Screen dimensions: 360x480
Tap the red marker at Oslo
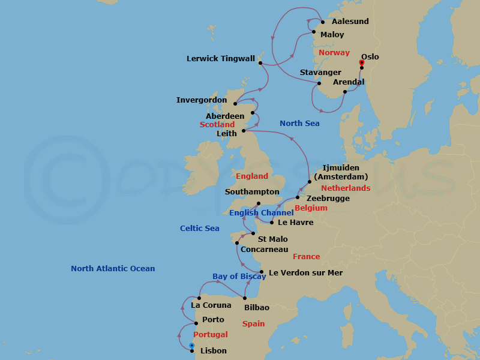tap(361, 62)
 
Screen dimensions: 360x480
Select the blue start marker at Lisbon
tap(191, 346)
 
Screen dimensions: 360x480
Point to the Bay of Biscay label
tap(239, 277)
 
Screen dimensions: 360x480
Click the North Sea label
tap(299, 124)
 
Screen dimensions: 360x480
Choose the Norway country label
tap(334, 53)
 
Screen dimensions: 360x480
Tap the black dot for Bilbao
tap(245, 298)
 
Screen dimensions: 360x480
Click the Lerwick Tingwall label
tap(221, 59)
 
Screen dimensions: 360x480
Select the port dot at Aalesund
tap(323, 22)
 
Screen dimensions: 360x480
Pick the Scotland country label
tap(217, 125)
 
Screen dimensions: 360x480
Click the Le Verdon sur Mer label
tap(306, 273)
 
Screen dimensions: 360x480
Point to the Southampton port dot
tap(259, 203)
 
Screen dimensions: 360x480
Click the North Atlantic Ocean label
tap(113, 269)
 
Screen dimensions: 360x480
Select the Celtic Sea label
tap(200, 229)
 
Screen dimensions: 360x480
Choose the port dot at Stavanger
tap(319, 83)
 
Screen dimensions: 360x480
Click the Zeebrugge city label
tap(328, 199)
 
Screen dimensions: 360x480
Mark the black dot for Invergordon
tap(235, 103)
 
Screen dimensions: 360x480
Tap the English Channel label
tap(261, 213)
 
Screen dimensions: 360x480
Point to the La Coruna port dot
tap(199, 298)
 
